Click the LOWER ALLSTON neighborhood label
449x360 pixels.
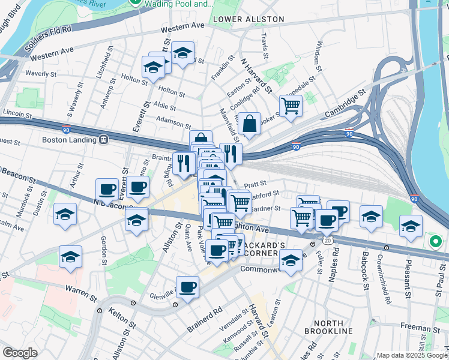click(248, 19)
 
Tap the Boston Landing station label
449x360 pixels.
click(69, 140)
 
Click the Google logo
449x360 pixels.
click(20, 353)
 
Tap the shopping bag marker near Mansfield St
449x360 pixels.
click(249, 124)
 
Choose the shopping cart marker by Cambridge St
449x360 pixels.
click(291, 106)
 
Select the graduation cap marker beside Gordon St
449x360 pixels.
click(71, 257)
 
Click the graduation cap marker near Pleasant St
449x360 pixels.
click(411, 226)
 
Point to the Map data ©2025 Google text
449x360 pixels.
click(412, 355)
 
